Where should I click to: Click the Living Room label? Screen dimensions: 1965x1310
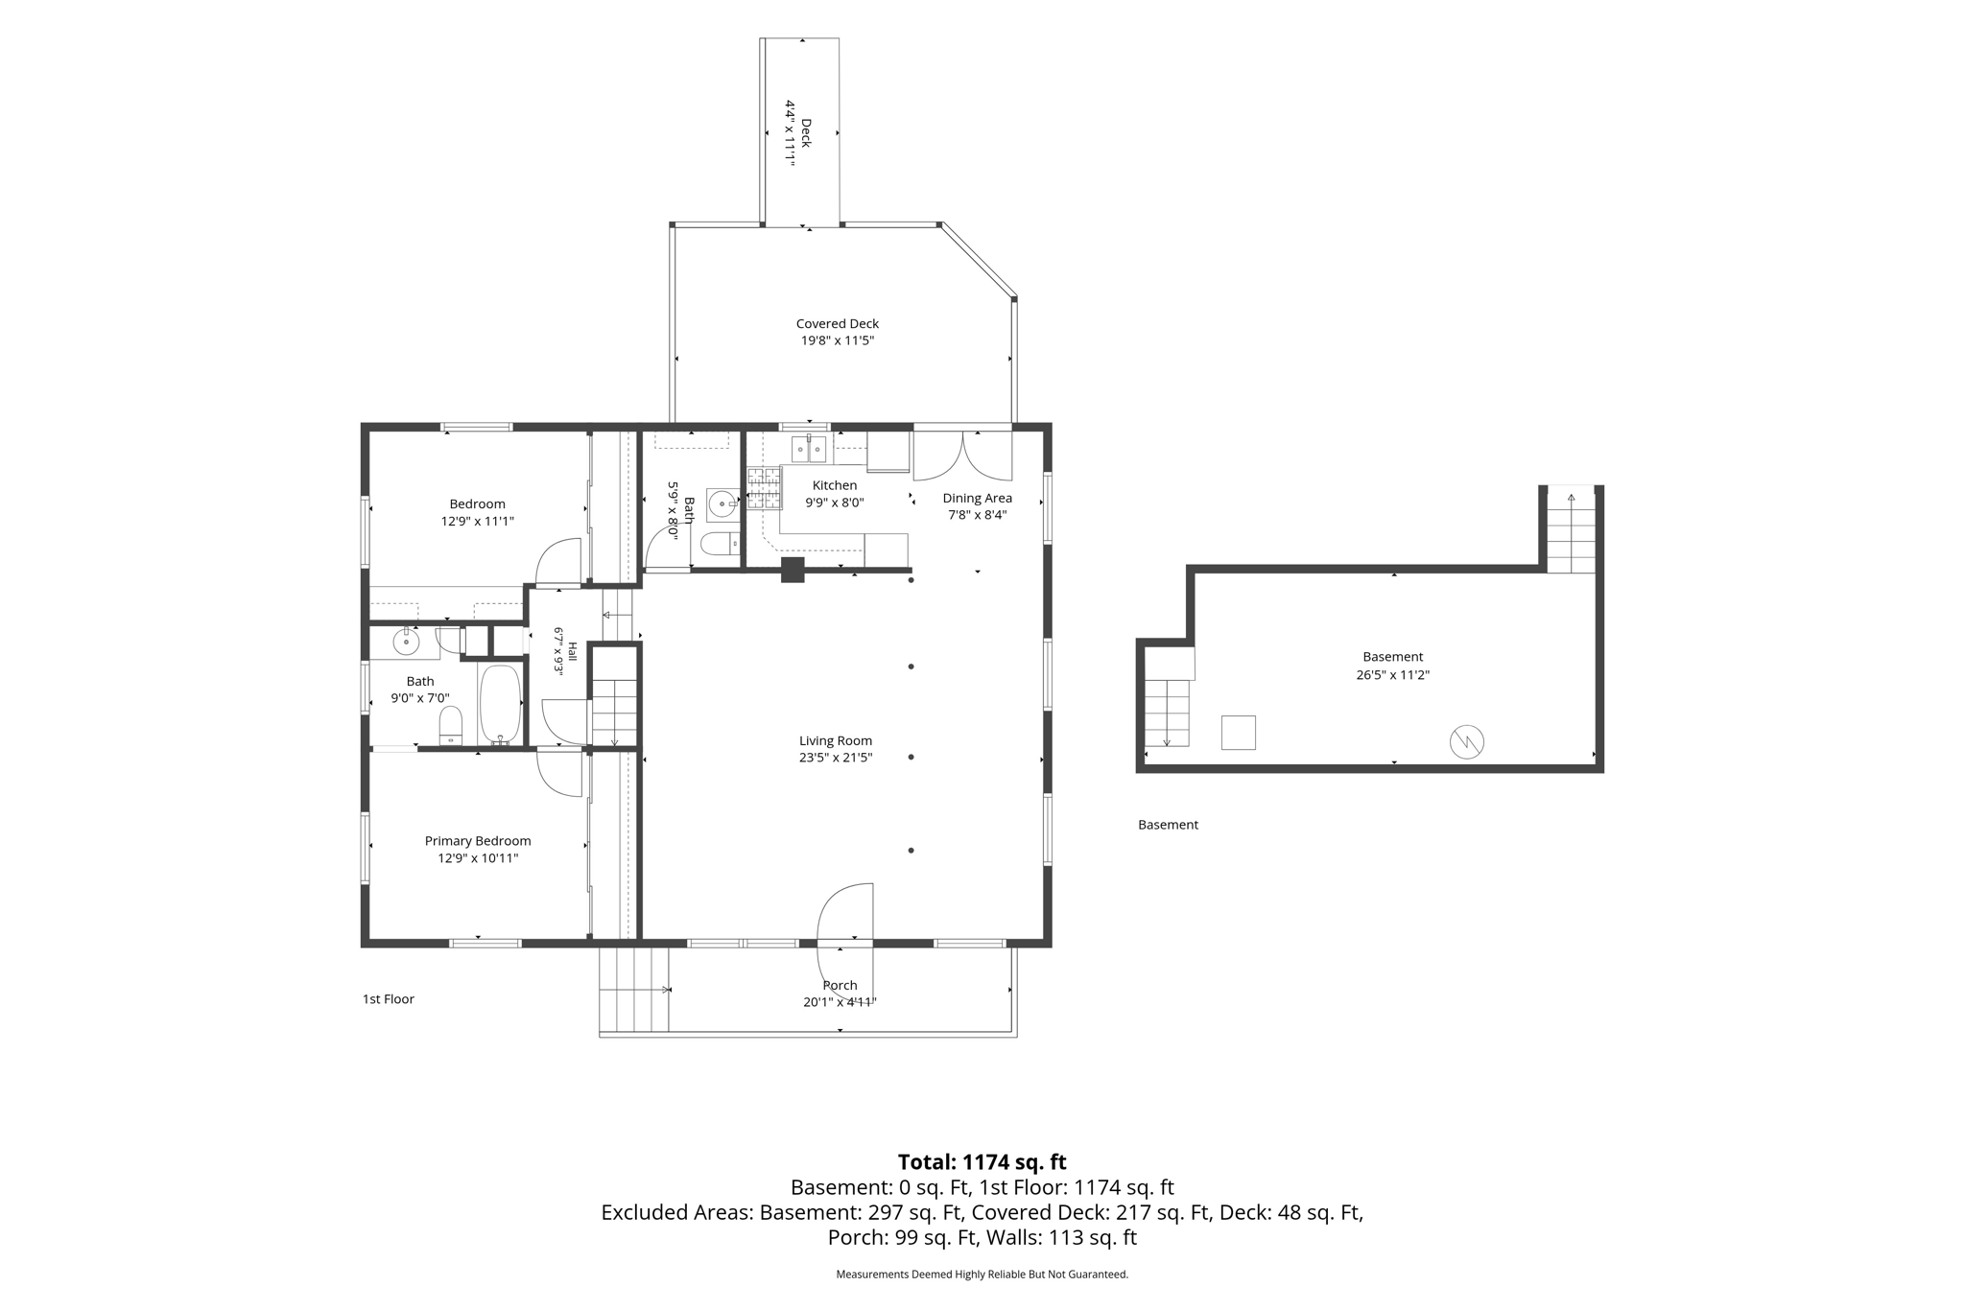point(836,740)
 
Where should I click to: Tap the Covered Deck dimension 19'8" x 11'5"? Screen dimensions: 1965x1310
point(838,340)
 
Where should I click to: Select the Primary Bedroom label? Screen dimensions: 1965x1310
point(478,841)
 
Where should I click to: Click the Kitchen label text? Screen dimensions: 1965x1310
point(835,485)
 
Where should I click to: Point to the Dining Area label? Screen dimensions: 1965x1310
point(977,498)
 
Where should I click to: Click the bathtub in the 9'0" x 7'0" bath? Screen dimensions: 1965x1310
point(500,704)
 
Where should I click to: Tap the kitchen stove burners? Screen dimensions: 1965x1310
point(765,488)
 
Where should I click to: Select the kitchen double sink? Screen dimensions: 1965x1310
point(809,449)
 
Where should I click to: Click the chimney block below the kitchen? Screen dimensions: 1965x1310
point(793,570)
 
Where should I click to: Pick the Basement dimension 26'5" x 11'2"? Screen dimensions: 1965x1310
point(1392,674)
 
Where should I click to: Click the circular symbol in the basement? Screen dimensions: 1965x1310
point(1467,741)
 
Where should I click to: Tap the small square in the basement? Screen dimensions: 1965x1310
point(1239,733)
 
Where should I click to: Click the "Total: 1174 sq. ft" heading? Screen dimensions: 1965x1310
point(982,1162)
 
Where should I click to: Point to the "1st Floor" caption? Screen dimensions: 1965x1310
point(389,999)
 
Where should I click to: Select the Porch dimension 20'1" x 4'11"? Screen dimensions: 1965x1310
point(840,1002)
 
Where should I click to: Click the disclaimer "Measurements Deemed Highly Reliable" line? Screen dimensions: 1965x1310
point(982,1275)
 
